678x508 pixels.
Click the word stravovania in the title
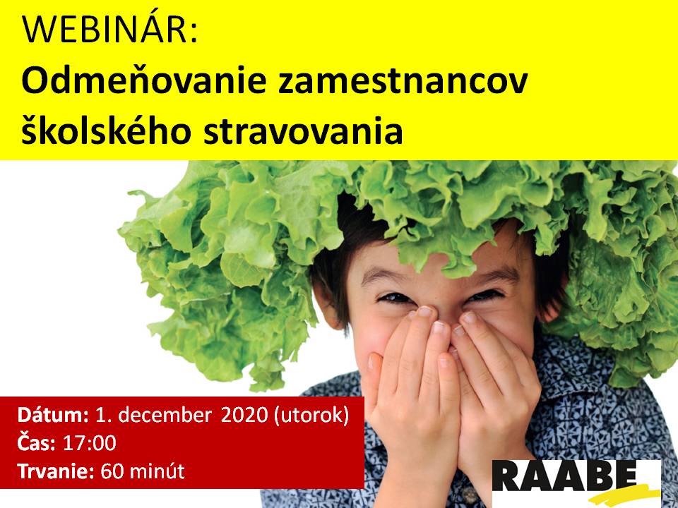[x=303, y=131]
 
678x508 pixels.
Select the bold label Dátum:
[x=53, y=415]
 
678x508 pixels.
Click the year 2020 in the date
[x=245, y=415]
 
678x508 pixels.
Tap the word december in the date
[x=165, y=415]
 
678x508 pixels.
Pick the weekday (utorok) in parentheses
[x=311, y=416]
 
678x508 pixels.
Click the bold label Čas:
[x=36, y=443]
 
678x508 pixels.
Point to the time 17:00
[x=90, y=444]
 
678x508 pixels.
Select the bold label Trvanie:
[x=55, y=471]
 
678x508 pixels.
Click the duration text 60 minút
[x=143, y=471]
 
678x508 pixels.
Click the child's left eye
[x=487, y=296]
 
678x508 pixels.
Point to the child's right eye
[x=393, y=298]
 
